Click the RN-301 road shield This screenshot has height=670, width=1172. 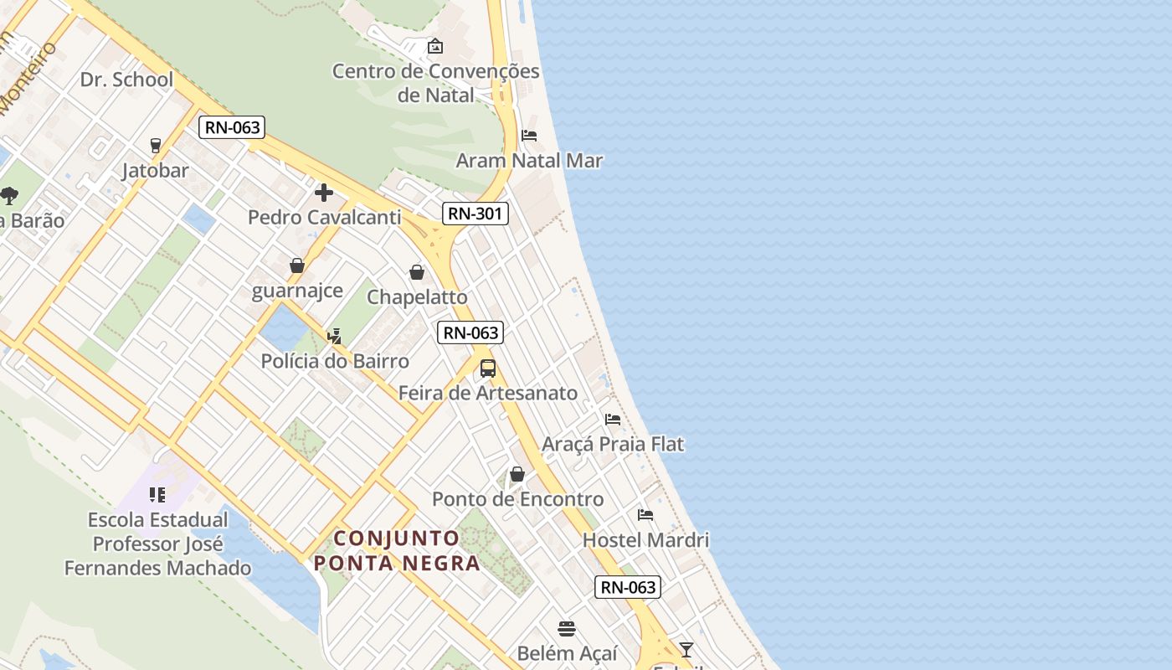pos(475,214)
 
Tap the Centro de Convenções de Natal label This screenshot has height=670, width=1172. pos(435,83)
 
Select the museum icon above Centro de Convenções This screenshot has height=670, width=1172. pos(434,46)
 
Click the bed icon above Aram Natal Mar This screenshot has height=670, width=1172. pos(529,136)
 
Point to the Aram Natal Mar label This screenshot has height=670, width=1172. pos(529,161)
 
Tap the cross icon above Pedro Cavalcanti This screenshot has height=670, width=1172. pos(324,193)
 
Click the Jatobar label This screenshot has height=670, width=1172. pos(156,171)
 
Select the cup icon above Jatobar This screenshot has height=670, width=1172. pos(155,146)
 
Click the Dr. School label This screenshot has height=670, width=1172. pos(126,80)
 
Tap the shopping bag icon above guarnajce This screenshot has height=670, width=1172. pos(296,265)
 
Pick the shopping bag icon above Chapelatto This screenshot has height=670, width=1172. pos(417,272)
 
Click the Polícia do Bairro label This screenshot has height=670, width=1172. pos(335,361)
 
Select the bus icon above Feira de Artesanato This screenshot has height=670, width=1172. pos(488,368)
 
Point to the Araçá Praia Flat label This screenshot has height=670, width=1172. pos(613,444)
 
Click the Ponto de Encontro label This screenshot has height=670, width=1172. pos(517,499)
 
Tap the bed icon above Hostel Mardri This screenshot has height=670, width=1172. pos(645,515)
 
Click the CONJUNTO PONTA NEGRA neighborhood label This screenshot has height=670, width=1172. pos(398,550)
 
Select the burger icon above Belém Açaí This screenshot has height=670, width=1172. pos(567,628)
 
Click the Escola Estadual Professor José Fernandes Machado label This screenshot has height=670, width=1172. pos(158,544)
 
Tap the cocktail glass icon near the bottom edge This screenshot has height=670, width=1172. pos(686,649)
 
